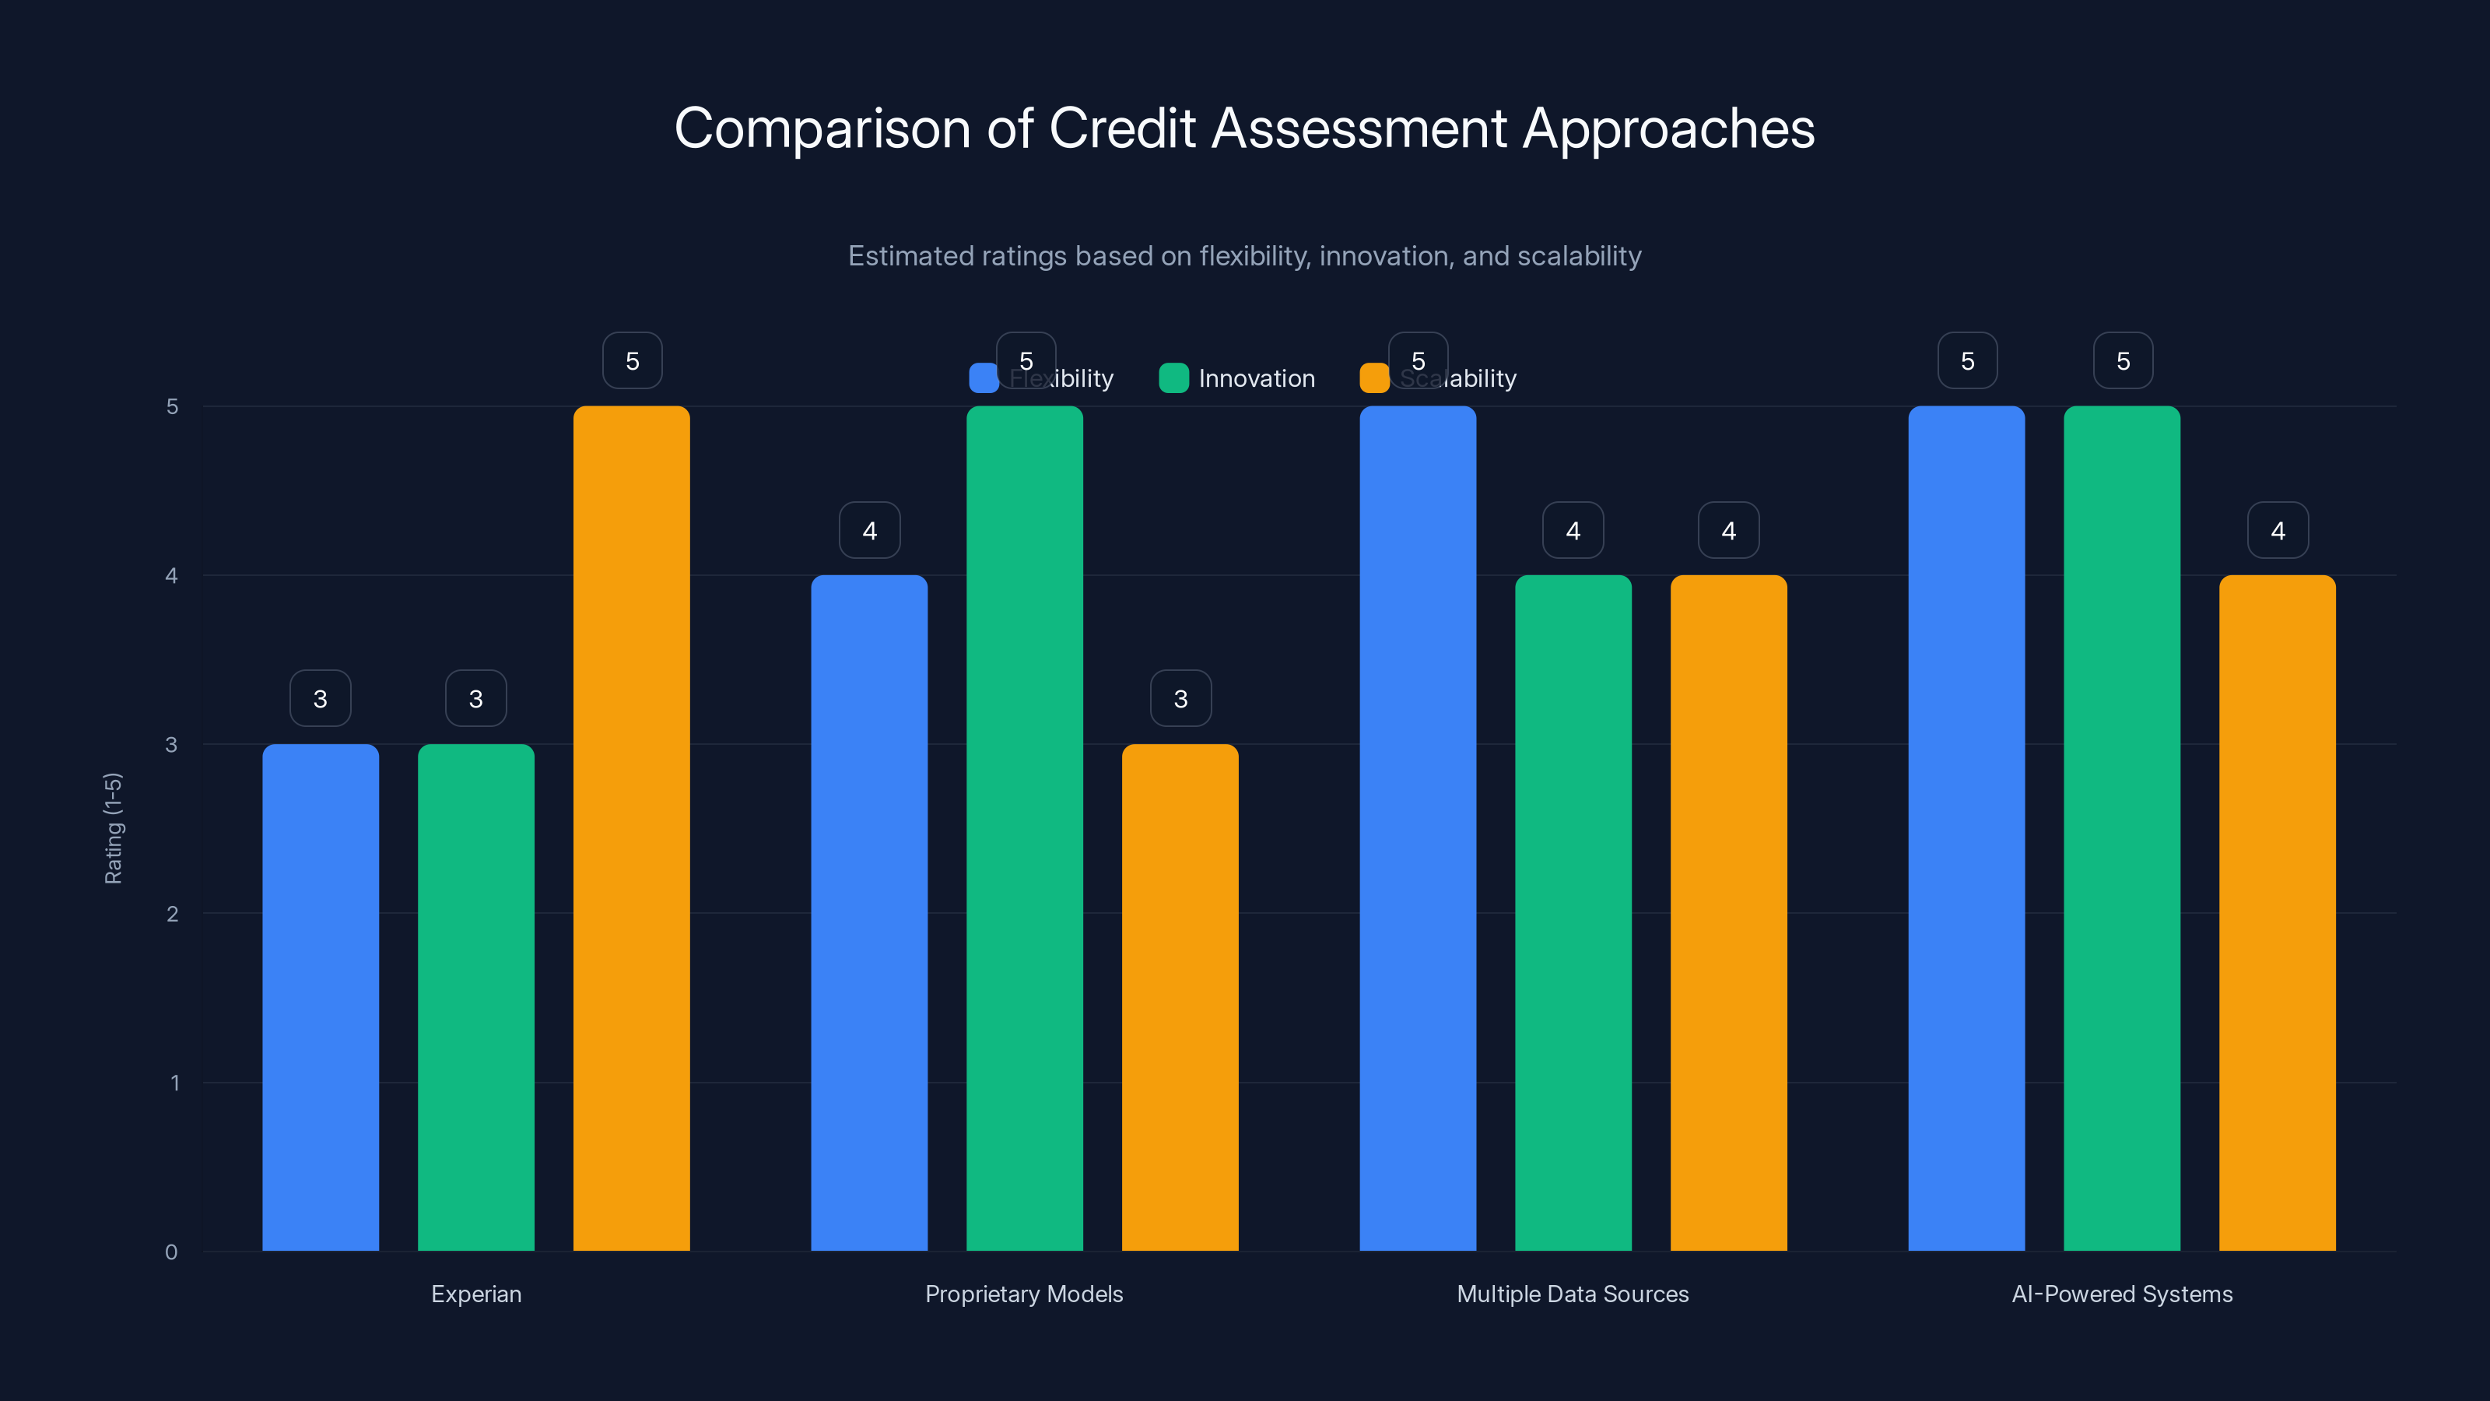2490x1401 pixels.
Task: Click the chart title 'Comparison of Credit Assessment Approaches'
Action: (x=1244, y=128)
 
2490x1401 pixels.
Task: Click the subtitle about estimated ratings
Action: (x=1244, y=256)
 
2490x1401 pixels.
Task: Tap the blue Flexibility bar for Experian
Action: (x=320, y=997)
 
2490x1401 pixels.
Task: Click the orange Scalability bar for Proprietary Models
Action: (x=1180, y=997)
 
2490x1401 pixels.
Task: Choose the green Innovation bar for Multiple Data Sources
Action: (x=1573, y=913)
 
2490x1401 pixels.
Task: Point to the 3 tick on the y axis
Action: (x=171, y=745)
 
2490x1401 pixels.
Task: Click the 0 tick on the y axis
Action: (x=171, y=1252)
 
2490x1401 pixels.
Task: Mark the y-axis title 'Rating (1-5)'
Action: (x=113, y=827)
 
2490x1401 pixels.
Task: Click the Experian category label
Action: (x=475, y=1294)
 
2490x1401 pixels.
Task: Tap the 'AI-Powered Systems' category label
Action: (x=2122, y=1294)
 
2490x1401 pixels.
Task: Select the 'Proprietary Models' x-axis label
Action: (x=1024, y=1294)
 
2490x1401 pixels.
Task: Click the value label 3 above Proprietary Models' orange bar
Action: (x=1180, y=698)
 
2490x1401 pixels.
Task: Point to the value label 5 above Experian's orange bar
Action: (x=632, y=360)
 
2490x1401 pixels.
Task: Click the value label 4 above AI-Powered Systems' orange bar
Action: (x=2278, y=530)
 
